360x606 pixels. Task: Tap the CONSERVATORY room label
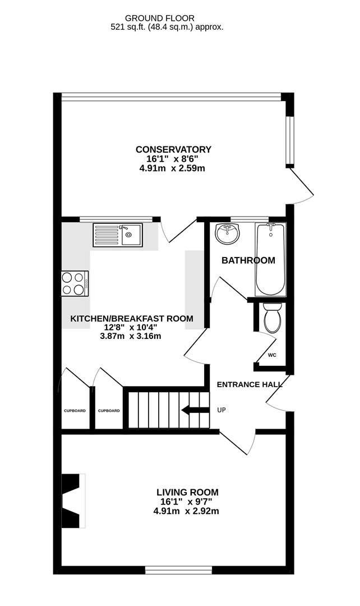(173, 149)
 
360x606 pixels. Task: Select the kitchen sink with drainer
(118, 235)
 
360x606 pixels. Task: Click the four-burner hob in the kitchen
(75, 283)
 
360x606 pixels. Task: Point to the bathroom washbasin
(228, 234)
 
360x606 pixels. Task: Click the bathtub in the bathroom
(270, 259)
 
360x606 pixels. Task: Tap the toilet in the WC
(272, 318)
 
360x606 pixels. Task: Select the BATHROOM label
(248, 260)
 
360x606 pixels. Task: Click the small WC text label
(272, 355)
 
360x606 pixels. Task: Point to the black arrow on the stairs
(193, 410)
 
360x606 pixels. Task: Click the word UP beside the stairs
(221, 410)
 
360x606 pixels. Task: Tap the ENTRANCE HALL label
(250, 384)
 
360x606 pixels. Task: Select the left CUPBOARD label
(75, 411)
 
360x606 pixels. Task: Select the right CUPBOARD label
(109, 411)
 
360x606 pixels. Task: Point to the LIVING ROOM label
(187, 492)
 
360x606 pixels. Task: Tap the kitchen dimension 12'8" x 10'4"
(131, 327)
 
